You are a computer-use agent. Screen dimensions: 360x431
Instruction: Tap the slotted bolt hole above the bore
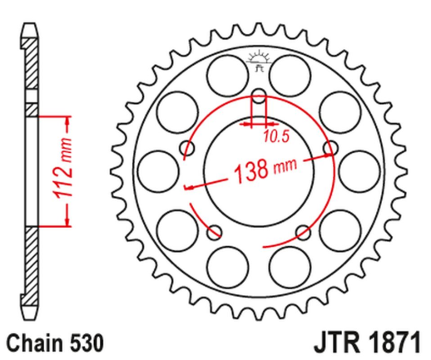pyautogui.click(x=257, y=105)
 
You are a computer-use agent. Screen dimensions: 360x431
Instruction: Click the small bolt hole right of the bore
pyautogui.click(x=333, y=149)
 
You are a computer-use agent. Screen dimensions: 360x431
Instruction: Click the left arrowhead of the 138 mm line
pyautogui.click(x=188, y=187)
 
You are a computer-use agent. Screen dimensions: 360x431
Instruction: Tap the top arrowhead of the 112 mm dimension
pyautogui.click(x=62, y=117)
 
